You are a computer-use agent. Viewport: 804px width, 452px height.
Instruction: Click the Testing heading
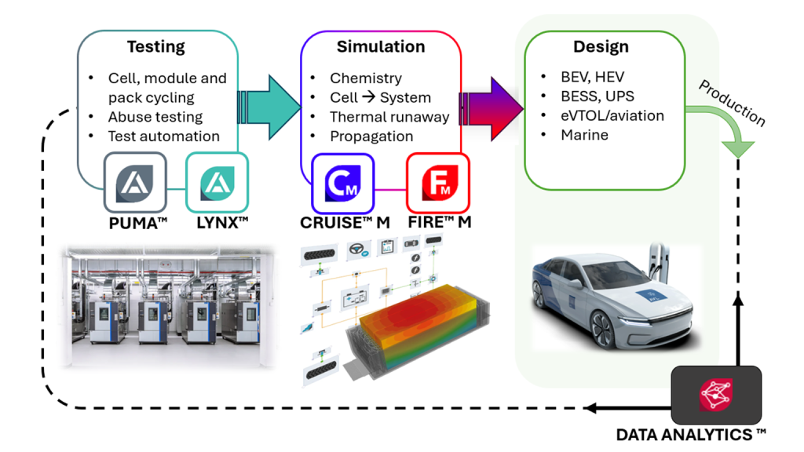(155, 47)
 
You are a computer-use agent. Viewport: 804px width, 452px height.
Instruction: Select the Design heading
(601, 47)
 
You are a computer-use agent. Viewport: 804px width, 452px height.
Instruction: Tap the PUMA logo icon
(135, 183)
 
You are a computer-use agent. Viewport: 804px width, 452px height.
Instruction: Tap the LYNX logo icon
(216, 183)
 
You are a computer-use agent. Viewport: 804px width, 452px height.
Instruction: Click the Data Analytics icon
(715, 395)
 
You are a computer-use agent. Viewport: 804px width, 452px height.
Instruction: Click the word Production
(732, 102)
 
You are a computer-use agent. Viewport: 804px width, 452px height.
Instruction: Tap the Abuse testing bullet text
(155, 117)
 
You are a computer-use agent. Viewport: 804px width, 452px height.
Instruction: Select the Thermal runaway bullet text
(389, 117)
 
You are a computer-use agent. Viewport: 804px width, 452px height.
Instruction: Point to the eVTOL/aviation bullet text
(612, 116)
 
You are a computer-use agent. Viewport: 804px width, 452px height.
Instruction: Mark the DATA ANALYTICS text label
(691, 434)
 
